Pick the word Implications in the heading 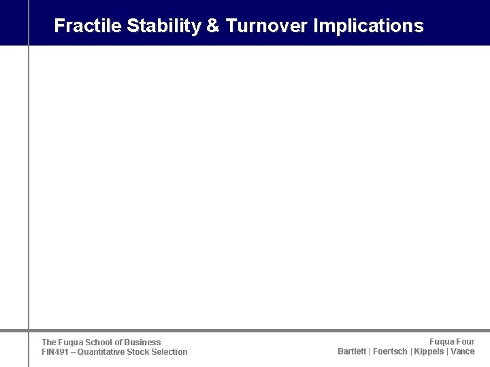[x=368, y=26]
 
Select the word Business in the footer [x=143, y=343]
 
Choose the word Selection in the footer [x=171, y=352]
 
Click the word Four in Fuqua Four [x=465, y=342]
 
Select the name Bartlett [x=352, y=351]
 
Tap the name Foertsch [x=390, y=351]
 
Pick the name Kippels [x=429, y=351]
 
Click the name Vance [x=463, y=351]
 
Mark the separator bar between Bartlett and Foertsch [x=370, y=351]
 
